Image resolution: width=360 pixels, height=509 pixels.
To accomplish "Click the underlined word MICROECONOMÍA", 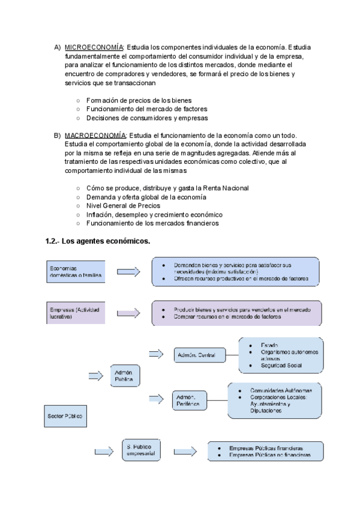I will click(94, 47).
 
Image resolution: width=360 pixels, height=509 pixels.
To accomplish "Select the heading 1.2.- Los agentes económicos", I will click(97, 241).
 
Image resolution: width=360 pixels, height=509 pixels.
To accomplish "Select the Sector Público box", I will click(64, 415).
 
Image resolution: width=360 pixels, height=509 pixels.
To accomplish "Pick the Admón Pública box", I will click(127, 376).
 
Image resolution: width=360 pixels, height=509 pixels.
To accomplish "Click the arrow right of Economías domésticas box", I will click(128, 272).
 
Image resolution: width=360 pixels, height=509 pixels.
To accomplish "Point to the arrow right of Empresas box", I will click(128, 313).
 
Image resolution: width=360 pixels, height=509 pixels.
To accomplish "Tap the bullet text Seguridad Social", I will click(280, 365).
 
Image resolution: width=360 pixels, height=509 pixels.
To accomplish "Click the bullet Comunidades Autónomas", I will click(281, 390).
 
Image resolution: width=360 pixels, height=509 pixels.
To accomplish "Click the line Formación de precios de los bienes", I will click(139, 100).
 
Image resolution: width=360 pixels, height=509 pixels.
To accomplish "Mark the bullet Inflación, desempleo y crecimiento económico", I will click(154, 214).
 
